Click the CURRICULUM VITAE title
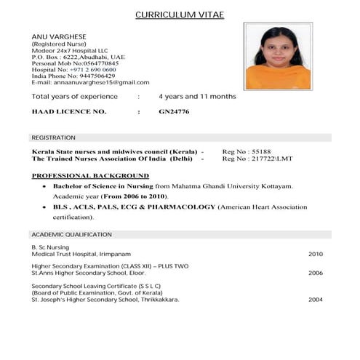[x=180, y=15]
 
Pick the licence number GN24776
[x=174, y=111]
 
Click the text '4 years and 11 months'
[x=197, y=96]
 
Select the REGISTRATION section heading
[x=53, y=137]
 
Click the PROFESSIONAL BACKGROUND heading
[x=90, y=175]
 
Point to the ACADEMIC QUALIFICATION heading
[x=71, y=234]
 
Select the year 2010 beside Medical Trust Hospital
[x=315, y=255]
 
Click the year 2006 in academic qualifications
[x=315, y=273]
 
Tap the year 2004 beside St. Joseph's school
[x=315, y=299]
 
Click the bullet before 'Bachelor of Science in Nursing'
[x=45, y=187]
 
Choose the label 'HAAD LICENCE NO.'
[x=69, y=111]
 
